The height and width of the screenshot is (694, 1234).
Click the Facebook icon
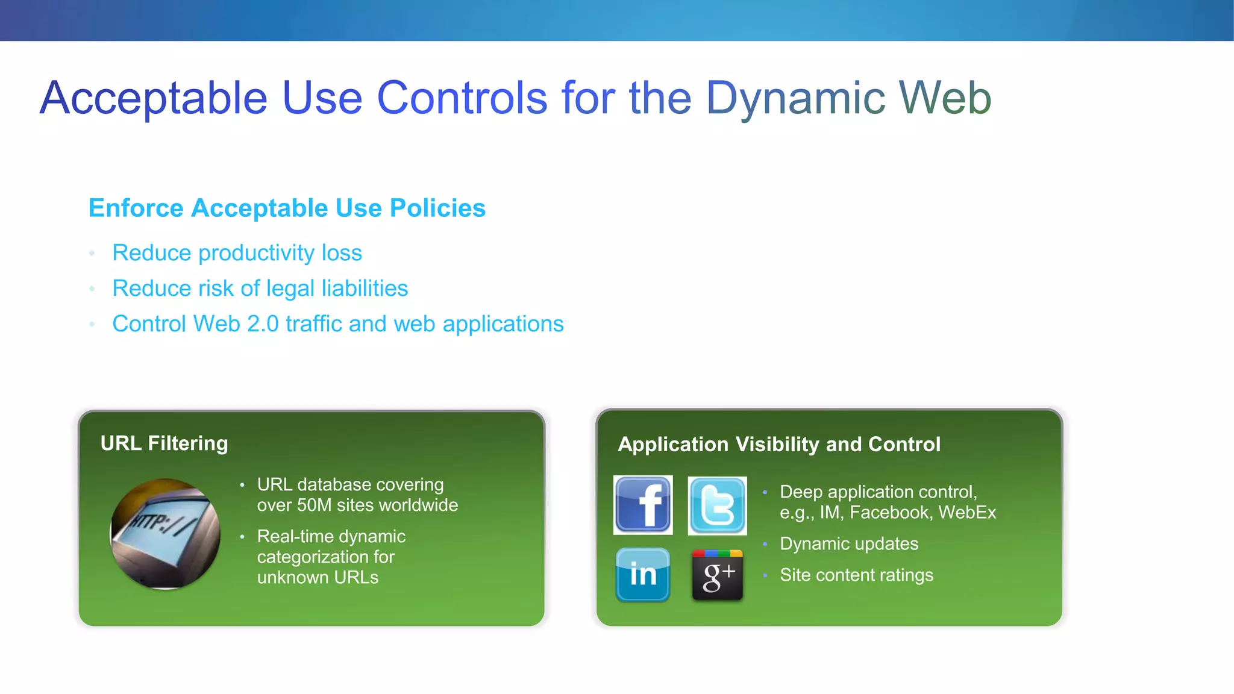[643, 505]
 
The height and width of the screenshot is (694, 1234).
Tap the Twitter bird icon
[717, 505]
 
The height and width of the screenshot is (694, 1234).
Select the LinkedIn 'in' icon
[643, 575]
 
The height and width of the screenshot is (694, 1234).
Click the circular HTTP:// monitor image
[165, 534]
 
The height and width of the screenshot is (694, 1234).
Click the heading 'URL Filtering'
[164, 443]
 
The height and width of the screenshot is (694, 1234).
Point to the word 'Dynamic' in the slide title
[795, 98]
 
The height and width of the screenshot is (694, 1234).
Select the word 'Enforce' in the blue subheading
[136, 208]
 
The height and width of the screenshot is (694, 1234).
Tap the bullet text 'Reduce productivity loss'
[237, 253]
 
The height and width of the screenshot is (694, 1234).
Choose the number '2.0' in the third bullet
[263, 324]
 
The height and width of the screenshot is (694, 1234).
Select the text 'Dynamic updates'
[848, 544]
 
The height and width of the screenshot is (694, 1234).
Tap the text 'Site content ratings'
[856, 575]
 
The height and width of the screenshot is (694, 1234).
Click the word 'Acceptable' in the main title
[154, 98]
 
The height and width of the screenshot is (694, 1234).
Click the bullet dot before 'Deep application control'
[765, 492]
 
